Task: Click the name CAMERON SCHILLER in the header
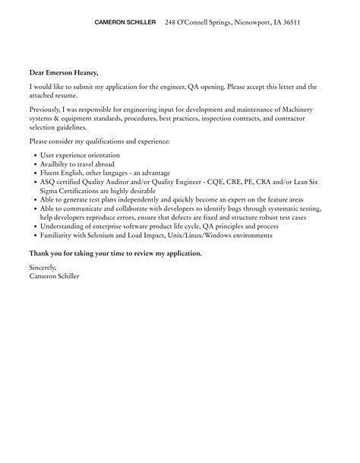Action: tap(125, 23)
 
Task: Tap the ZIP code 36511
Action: tap(289, 23)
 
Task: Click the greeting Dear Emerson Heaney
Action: tap(64, 73)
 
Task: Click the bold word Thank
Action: tap(39, 252)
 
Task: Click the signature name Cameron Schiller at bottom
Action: tap(54, 276)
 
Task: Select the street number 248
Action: tap(171, 23)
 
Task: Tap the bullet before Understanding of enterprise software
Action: tap(36, 227)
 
